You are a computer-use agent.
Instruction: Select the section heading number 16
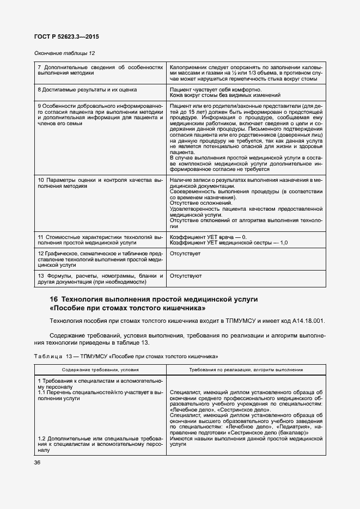click(53, 300)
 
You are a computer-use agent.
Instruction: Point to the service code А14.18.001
click(307, 321)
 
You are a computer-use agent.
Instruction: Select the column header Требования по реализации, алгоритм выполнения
click(246, 369)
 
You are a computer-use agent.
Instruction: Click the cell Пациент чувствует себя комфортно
click(215, 89)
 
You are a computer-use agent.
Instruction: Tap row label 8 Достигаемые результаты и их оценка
click(87, 89)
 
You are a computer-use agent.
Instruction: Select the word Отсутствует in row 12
click(185, 254)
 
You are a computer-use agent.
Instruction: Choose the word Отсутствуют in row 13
click(186, 276)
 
